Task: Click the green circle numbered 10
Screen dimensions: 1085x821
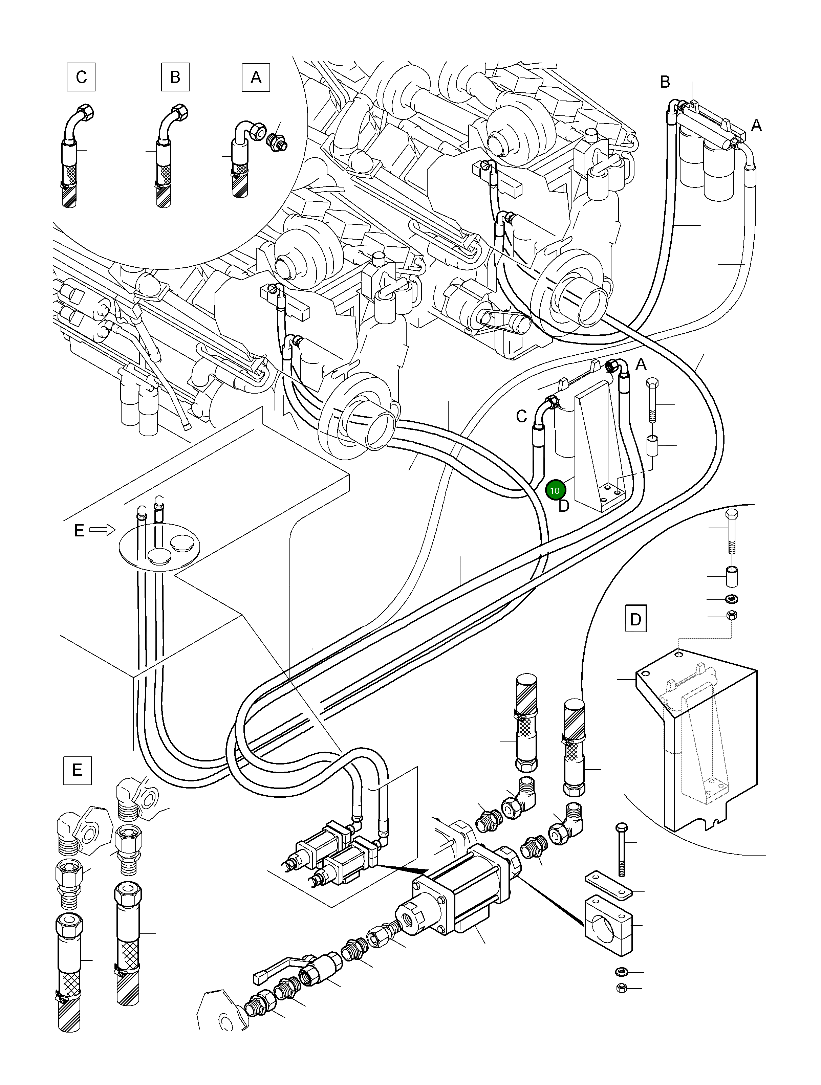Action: pyautogui.click(x=555, y=490)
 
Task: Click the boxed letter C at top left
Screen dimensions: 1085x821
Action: pyautogui.click(x=81, y=77)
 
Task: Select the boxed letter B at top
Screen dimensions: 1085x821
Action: pyautogui.click(x=175, y=77)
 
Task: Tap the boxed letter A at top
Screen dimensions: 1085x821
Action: pyautogui.click(x=256, y=77)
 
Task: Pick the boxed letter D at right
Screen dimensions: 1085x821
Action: pyautogui.click(x=635, y=619)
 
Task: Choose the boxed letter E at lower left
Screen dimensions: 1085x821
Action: pyautogui.click(x=77, y=770)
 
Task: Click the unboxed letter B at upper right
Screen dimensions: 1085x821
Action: pyautogui.click(x=665, y=82)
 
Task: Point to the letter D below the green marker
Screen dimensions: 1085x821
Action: pyautogui.click(x=564, y=506)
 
